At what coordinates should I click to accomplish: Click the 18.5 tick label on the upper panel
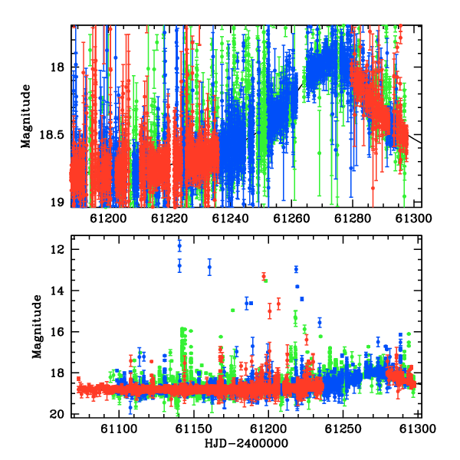(x=51, y=135)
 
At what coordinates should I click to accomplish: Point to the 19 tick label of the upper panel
(x=58, y=202)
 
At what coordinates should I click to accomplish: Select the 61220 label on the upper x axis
(x=169, y=219)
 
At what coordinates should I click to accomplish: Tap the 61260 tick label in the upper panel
(x=291, y=219)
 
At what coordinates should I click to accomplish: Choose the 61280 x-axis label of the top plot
(x=353, y=219)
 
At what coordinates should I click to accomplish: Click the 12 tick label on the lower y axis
(x=58, y=249)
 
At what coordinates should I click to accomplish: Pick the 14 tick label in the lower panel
(x=58, y=291)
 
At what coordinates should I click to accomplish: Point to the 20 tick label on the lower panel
(x=58, y=414)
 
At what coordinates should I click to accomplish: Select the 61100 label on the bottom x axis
(x=119, y=429)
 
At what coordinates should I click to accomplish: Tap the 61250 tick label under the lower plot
(x=343, y=429)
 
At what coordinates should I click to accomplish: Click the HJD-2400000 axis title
(x=246, y=443)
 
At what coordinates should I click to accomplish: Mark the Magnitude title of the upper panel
(x=26, y=117)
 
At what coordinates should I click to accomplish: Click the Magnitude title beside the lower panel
(x=37, y=327)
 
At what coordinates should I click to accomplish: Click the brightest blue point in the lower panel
(x=179, y=246)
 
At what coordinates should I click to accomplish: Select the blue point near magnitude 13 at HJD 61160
(x=209, y=267)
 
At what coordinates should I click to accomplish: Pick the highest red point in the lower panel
(x=264, y=276)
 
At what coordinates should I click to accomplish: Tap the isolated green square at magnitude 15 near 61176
(x=232, y=310)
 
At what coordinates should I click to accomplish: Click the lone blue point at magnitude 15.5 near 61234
(x=320, y=323)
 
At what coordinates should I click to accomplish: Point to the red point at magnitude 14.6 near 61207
(x=278, y=304)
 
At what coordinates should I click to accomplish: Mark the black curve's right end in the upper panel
(x=421, y=143)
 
